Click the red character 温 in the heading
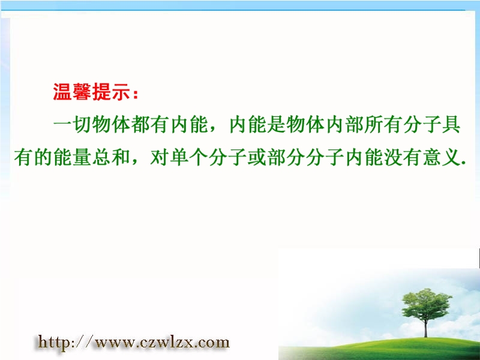click(x=63, y=92)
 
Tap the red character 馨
click(x=82, y=92)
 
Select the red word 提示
click(x=110, y=92)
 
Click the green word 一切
click(x=72, y=125)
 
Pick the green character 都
click(x=140, y=125)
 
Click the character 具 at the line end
click(x=451, y=125)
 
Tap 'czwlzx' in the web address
click(x=163, y=342)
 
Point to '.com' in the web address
click(x=209, y=343)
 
